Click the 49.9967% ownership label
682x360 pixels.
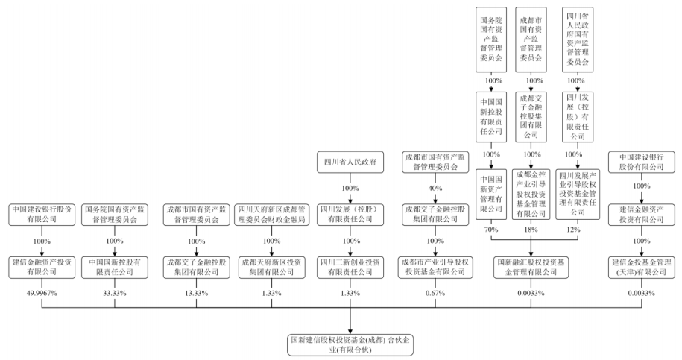pos(42,291)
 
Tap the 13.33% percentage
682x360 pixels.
pos(195,291)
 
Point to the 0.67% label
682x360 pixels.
pos(435,291)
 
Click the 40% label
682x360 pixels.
pos(435,188)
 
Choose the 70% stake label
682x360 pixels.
pos(492,230)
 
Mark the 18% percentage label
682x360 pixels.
pos(531,230)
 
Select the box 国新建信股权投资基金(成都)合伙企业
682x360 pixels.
pos(350,344)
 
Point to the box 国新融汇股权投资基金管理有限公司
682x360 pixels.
pos(531,267)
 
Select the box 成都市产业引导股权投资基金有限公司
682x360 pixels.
pos(435,267)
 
